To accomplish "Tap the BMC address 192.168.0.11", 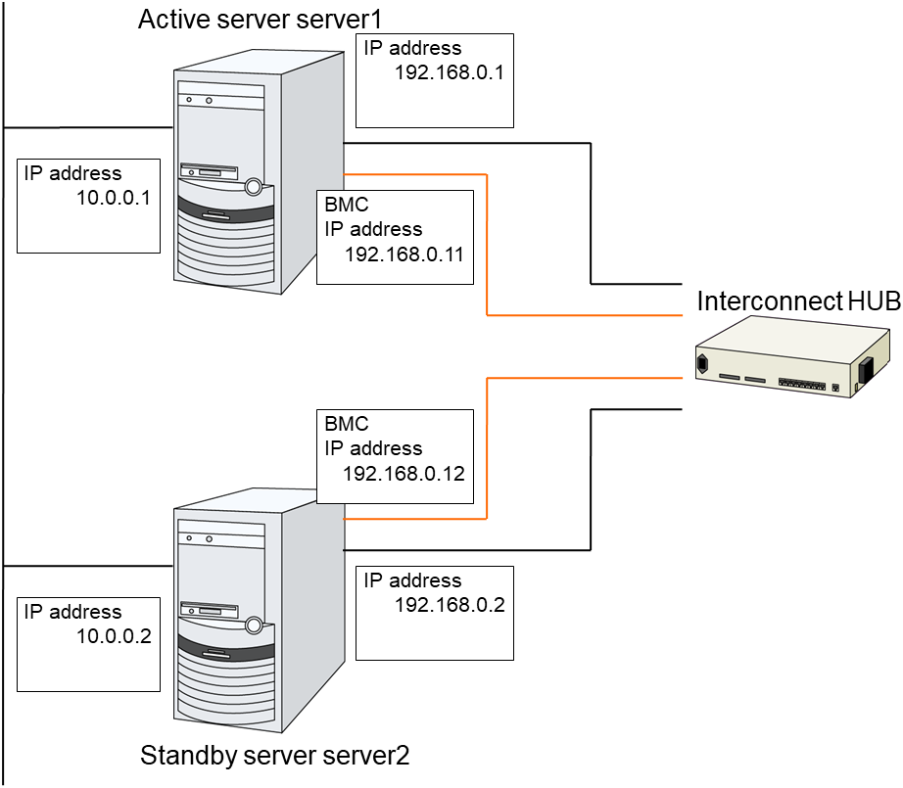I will [x=404, y=254].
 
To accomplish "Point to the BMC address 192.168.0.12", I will [x=404, y=473].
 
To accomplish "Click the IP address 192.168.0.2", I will [x=449, y=604].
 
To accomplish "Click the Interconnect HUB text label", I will [x=798, y=301].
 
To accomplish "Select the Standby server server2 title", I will [x=275, y=756].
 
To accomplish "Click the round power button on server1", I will [x=255, y=185].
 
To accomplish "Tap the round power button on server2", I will [x=255, y=624].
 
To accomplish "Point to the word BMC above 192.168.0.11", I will [x=346, y=206].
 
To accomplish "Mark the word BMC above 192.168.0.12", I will [x=346, y=425].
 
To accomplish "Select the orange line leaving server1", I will [x=487, y=245].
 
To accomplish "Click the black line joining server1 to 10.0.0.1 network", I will [x=88, y=127].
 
